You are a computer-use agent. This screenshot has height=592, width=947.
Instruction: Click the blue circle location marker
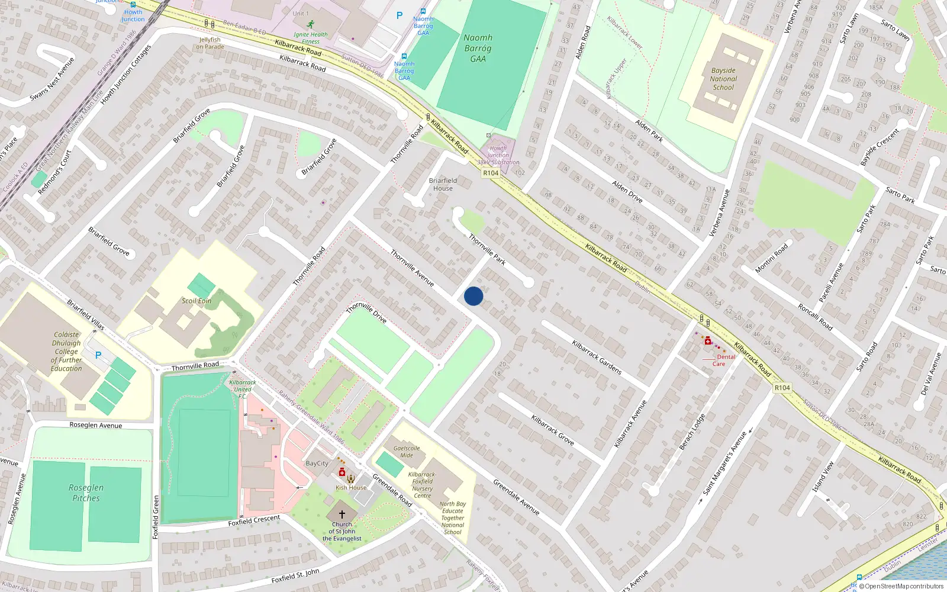tap(474, 296)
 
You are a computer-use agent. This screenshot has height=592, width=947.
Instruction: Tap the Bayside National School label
tap(723, 79)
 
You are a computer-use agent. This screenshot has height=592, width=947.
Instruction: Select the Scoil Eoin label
tap(197, 301)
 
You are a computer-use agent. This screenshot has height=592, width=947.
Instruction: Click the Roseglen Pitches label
tap(86, 493)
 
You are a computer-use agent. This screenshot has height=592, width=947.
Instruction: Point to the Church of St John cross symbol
tap(342, 514)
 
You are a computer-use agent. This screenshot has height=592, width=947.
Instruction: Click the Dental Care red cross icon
tap(708, 340)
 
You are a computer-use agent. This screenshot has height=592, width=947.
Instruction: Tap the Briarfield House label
tap(443, 184)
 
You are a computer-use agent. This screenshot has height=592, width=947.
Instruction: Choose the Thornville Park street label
tap(487, 249)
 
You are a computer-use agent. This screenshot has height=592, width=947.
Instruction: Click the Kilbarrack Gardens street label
tap(597, 357)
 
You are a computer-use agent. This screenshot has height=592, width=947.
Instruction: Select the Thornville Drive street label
tap(366, 313)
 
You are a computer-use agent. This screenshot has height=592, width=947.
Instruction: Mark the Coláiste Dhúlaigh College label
tap(66, 351)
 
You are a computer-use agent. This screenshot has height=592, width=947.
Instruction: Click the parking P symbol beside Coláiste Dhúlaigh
tap(98, 355)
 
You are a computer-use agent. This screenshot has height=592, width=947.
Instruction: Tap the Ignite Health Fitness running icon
tap(311, 24)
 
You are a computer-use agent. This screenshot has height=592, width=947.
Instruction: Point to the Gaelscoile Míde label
tap(407, 452)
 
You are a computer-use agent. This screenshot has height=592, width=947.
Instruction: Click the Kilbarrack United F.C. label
tap(243, 389)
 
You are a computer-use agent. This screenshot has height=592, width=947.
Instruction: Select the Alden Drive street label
tap(627, 191)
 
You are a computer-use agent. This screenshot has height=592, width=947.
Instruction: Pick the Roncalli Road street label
tap(815, 317)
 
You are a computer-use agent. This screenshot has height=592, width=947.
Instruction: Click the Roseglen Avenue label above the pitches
tap(96, 425)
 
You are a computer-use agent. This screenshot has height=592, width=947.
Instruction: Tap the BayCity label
tap(317, 464)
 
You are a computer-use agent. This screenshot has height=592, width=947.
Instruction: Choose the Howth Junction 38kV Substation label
tap(498, 155)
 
